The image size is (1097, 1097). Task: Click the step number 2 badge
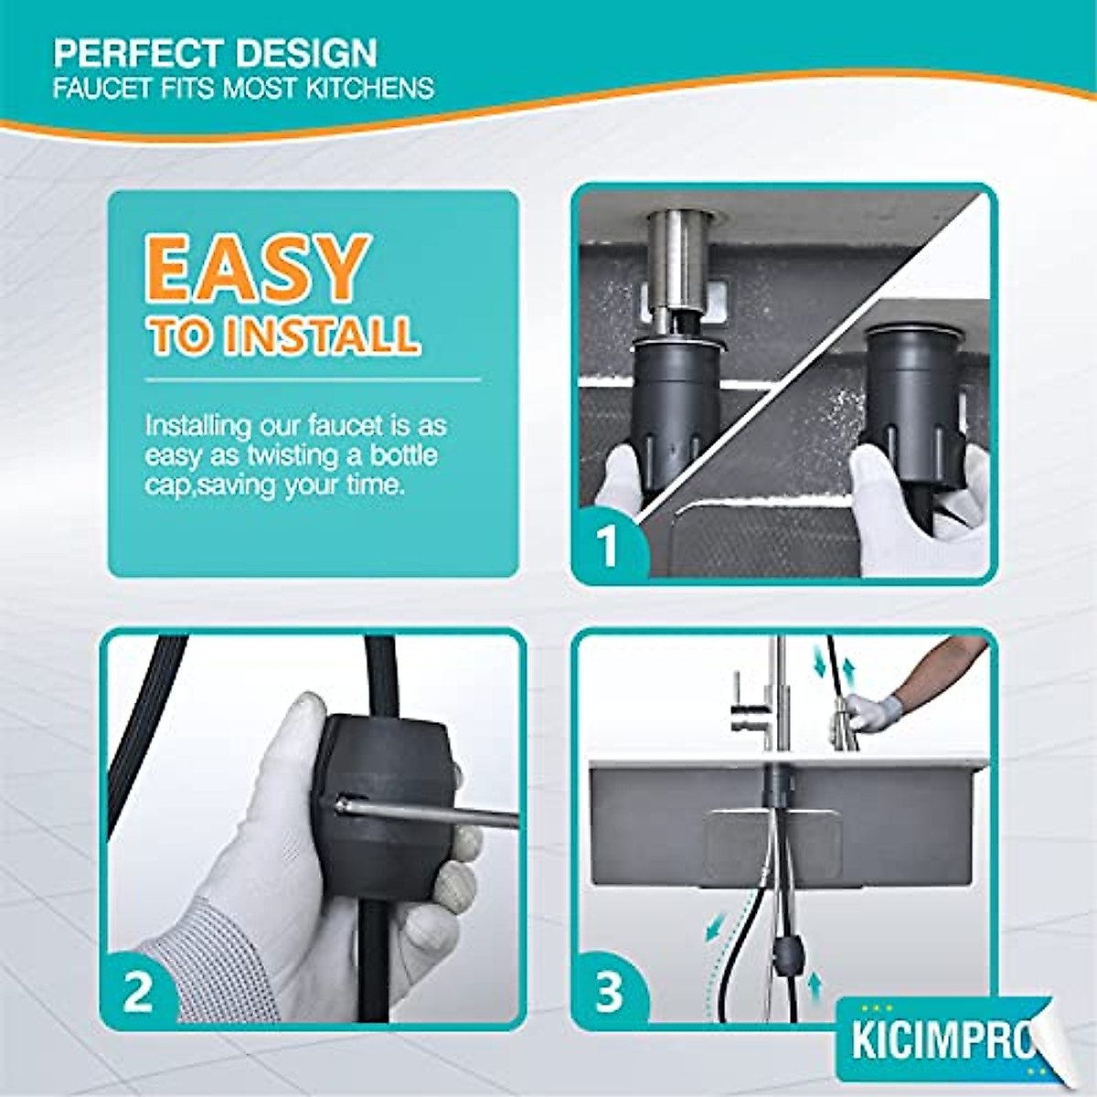point(137,992)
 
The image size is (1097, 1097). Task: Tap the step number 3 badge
point(609,992)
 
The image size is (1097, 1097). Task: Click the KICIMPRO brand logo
point(942,1041)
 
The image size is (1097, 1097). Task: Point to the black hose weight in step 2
point(389,804)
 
